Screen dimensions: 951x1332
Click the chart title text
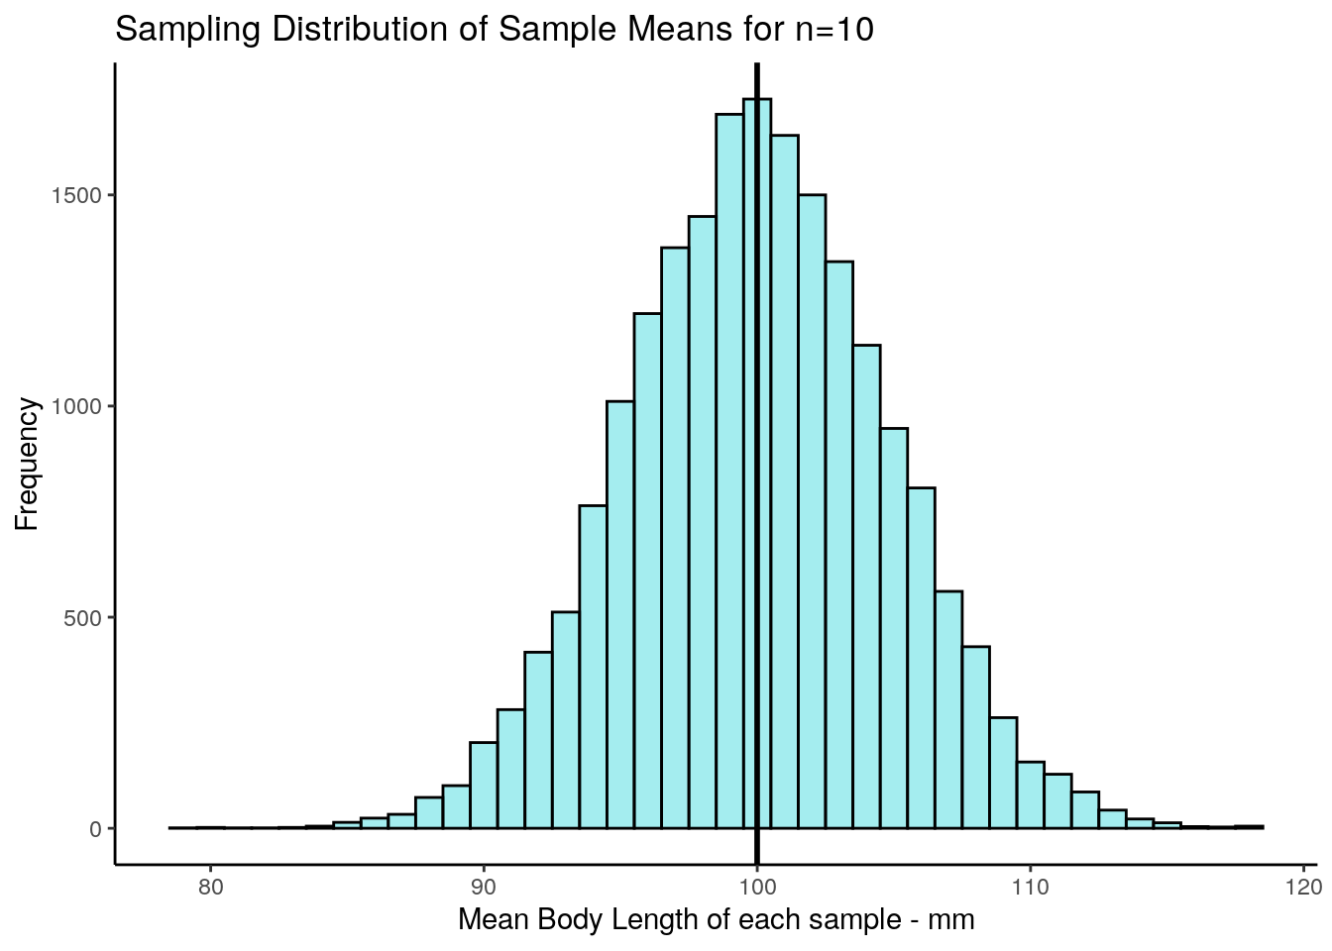[494, 30]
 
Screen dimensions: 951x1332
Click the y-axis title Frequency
[27, 465]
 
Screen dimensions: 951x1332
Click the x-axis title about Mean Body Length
[716, 920]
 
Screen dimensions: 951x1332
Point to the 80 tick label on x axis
[210, 885]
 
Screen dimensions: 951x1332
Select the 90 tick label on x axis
[484, 885]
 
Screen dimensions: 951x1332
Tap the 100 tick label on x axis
[757, 885]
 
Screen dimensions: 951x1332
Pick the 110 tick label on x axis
[1031, 885]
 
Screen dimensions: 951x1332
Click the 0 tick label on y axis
[96, 829]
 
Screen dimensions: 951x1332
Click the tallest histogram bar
[766, 446]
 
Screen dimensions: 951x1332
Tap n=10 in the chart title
[834, 30]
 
